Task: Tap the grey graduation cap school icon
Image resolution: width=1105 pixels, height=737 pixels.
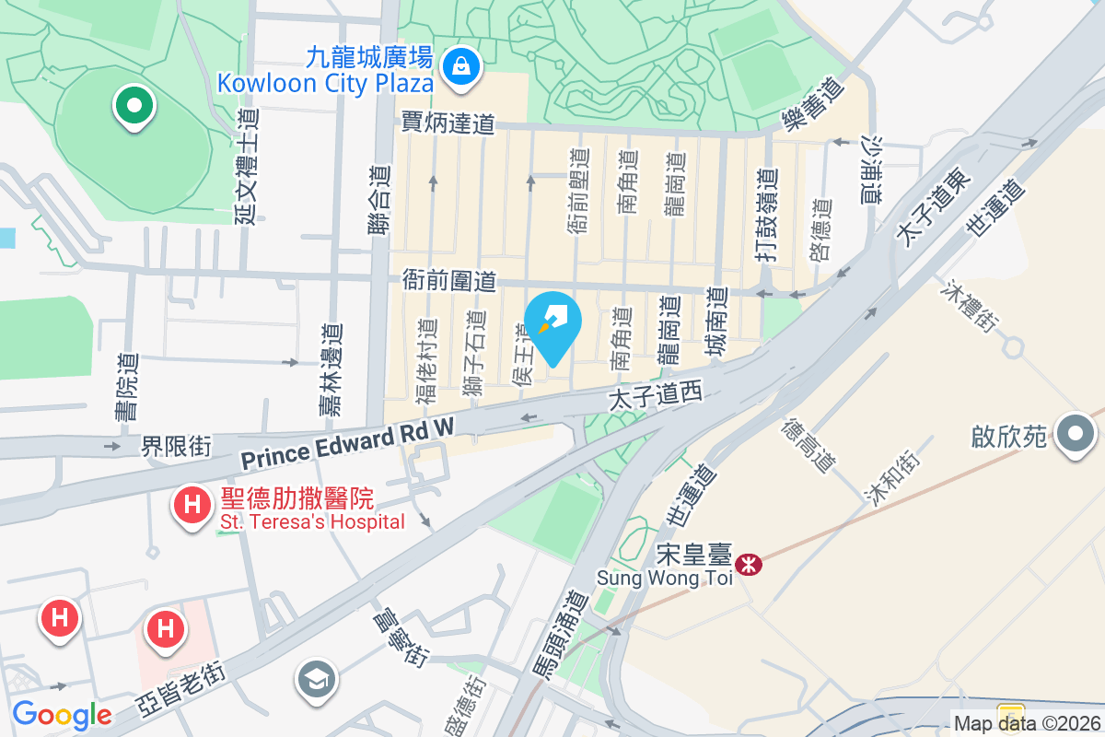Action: pos(316,681)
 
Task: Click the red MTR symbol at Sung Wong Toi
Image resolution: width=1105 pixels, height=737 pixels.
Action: pos(750,564)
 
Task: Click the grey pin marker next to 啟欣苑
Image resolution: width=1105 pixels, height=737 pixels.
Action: pos(1076,433)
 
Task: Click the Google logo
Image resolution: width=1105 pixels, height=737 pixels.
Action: pos(62,715)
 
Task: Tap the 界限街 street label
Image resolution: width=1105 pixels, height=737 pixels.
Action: pos(176,447)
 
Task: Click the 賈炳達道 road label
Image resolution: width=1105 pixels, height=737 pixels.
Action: pos(448,123)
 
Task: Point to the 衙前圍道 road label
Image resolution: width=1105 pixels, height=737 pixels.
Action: pos(449,281)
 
